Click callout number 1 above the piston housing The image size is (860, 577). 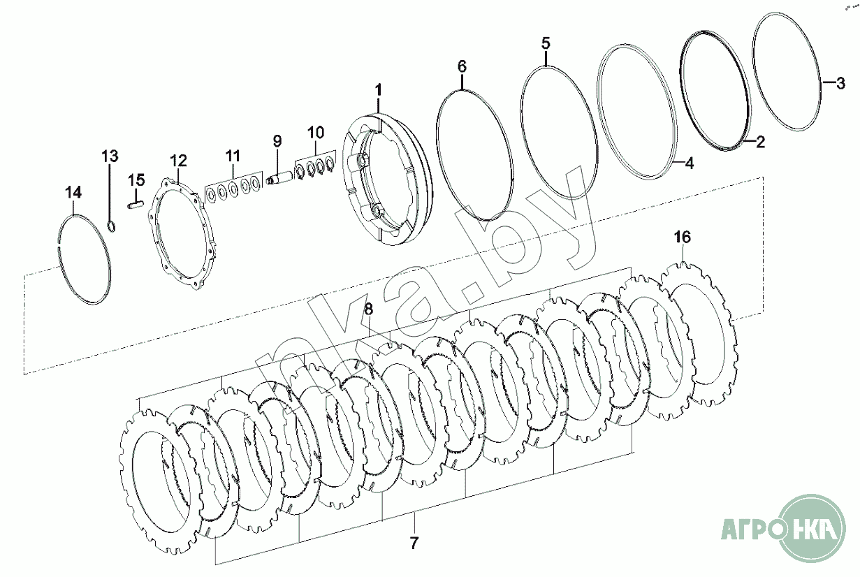378,90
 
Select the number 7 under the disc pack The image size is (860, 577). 414,542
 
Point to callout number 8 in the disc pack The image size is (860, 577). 369,308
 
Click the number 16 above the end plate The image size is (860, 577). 682,237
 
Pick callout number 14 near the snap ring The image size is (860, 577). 73,191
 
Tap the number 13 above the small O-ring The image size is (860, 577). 110,155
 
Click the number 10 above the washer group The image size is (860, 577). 315,131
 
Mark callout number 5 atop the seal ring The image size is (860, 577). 546,42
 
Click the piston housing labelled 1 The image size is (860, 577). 388,178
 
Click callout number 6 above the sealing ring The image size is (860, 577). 462,66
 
